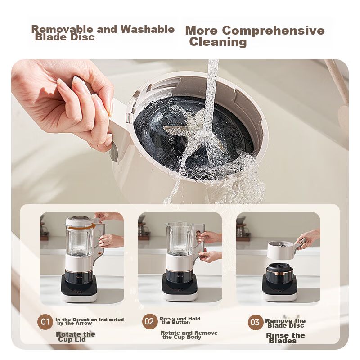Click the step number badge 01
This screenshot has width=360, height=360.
45,322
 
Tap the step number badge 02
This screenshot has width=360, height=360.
150,321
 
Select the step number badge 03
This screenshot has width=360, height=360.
255,322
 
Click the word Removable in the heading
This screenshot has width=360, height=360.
63,29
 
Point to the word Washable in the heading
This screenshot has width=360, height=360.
148,29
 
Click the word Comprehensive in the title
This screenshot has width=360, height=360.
274,30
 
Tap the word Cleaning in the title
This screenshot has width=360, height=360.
218,42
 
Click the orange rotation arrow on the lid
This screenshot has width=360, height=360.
82,227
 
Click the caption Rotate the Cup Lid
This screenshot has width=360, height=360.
76,337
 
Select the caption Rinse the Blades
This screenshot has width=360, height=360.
285,338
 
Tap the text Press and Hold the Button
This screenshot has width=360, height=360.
180,320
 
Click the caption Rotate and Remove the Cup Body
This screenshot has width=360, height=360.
189,335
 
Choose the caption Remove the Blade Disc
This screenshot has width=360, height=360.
285,323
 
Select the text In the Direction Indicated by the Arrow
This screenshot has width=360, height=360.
90,321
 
